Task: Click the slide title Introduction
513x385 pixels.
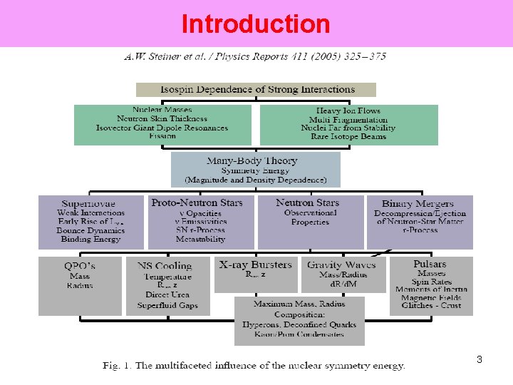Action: [256, 24]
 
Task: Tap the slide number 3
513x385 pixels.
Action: [480, 359]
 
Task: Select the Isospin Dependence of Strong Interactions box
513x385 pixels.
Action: [256, 90]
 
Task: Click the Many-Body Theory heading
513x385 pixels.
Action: [252, 161]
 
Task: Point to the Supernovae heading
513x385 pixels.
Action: [88, 204]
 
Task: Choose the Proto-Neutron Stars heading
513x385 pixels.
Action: [197, 203]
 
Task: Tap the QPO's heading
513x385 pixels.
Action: [80, 265]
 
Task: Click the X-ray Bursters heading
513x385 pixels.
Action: [256, 265]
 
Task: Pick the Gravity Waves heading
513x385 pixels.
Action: [343, 265]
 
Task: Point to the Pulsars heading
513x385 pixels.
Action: [430, 264]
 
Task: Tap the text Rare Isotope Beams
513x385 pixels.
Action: [348, 136]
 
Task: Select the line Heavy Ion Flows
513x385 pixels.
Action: [348, 111]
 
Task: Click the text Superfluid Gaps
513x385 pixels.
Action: [167, 305]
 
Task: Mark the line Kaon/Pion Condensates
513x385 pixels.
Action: [299, 334]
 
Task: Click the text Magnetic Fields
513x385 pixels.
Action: [432, 298]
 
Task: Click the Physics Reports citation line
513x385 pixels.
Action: [255, 56]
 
